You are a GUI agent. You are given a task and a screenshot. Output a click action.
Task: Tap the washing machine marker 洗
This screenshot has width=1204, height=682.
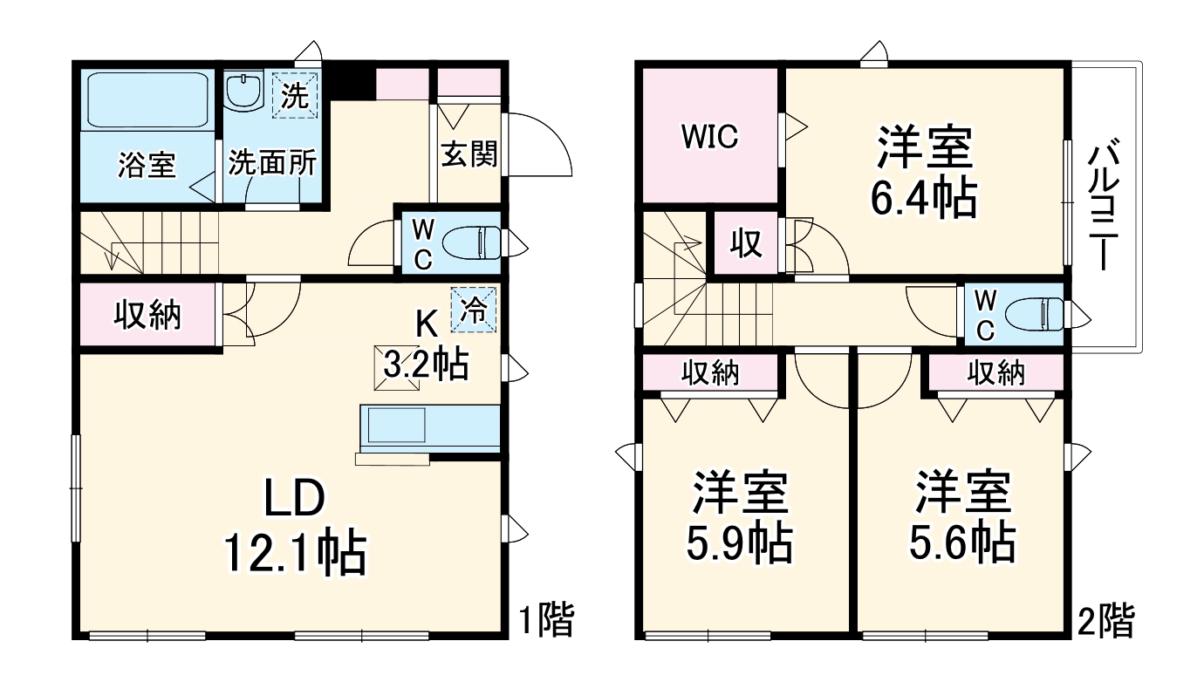pyautogui.click(x=297, y=95)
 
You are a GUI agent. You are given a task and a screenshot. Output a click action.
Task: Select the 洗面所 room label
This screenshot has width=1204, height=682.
pyautogui.click(x=272, y=164)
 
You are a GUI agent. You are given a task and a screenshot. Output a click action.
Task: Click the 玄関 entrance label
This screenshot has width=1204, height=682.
pyautogui.click(x=469, y=154)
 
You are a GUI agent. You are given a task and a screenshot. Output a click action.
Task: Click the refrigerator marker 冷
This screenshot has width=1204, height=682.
pyautogui.click(x=473, y=310)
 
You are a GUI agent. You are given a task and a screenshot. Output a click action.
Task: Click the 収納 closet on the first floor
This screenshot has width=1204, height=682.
pyautogui.click(x=147, y=316)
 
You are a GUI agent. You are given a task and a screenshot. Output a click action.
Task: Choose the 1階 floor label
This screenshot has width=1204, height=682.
pyautogui.click(x=546, y=621)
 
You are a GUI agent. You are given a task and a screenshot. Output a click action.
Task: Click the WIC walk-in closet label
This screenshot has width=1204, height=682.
pyautogui.click(x=710, y=136)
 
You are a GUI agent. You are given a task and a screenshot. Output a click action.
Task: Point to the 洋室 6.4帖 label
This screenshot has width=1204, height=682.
pyautogui.click(x=925, y=173)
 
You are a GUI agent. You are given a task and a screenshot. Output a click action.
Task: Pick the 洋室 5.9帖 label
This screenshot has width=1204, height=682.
pyautogui.click(x=742, y=517)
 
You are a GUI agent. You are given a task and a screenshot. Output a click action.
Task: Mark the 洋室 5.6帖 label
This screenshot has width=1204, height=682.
pyautogui.click(x=963, y=517)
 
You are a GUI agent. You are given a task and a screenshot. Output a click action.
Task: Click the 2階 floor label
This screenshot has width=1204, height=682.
pyautogui.click(x=1106, y=621)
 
